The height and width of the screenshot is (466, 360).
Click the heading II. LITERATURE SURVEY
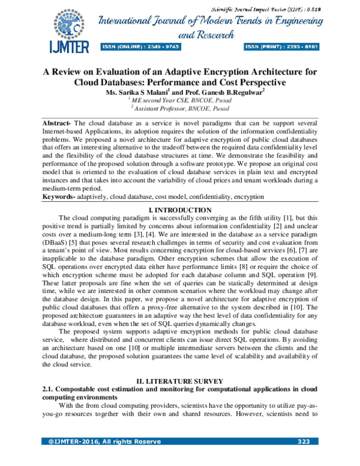tap(179, 381)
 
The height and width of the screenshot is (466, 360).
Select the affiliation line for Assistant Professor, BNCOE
tap(179, 110)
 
